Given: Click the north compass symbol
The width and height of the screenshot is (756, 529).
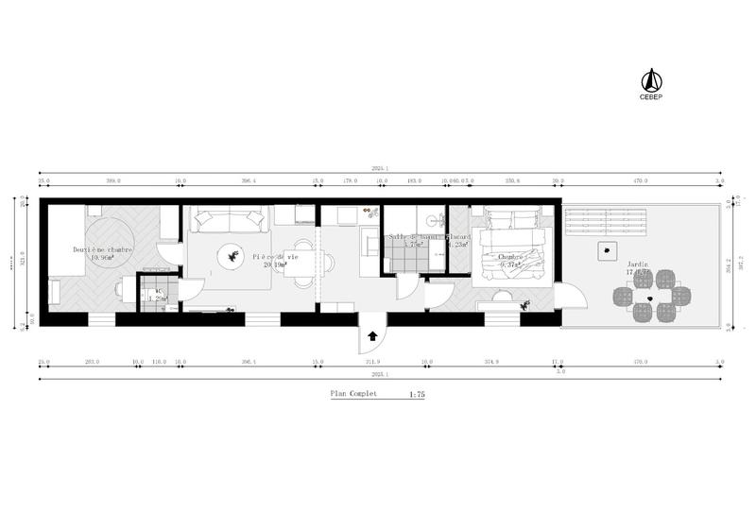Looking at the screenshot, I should (x=650, y=79).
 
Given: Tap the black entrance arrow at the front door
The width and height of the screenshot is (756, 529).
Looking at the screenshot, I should (x=372, y=335).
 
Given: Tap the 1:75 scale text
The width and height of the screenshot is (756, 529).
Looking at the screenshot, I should (x=416, y=395).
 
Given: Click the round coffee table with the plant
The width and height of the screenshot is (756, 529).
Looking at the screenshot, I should (x=231, y=255).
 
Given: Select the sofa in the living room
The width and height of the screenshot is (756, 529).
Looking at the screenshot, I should (x=229, y=220).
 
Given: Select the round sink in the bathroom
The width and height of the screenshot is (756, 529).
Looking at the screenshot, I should (x=434, y=221).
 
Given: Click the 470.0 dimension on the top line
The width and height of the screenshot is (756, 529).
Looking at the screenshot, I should (x=640, y=180).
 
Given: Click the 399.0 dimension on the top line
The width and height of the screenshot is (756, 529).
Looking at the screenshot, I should (x=113, y=180).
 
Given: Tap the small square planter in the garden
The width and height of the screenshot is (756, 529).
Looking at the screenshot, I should (x=604, y=250).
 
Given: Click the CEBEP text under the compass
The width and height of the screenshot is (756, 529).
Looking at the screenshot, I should (x=650, y=96).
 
